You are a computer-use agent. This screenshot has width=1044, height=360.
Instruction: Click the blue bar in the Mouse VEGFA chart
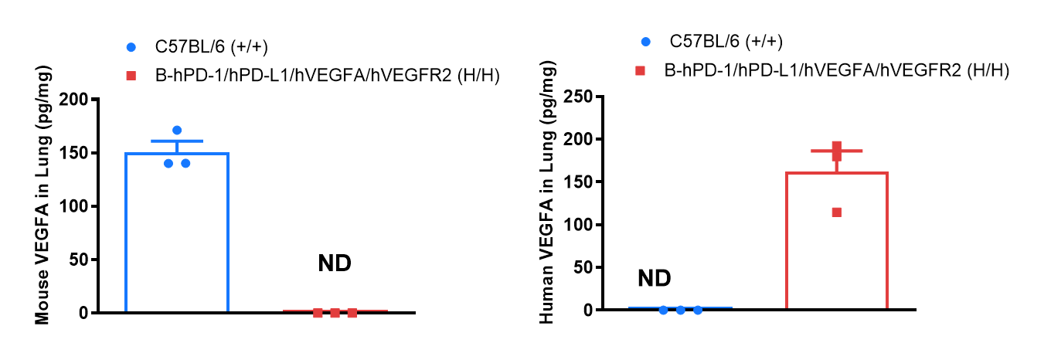pyautogui.click(x=177, y=232)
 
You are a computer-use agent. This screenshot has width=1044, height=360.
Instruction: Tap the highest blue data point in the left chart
pyautogui.click(x=177, y=130)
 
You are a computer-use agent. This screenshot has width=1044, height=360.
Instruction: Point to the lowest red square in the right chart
pyautogui.click(x=837, y=212)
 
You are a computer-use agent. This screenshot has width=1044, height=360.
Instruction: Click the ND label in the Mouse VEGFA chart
pyautogui.click(x=335, y=263)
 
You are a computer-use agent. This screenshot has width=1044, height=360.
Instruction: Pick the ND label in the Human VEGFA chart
pyautogui.click(x=655, y=278)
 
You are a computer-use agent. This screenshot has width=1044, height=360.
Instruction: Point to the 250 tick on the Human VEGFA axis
pyautogui.click(x=584, y=97)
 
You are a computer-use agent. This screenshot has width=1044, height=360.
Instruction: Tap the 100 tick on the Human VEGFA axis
pyautogui.click(x=584, y=225)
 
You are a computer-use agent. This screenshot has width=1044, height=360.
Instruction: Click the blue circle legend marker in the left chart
pyautogui.click(x=131, y=47)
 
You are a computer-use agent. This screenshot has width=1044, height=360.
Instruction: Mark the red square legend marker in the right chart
pyautogui.click(x=641, y=71)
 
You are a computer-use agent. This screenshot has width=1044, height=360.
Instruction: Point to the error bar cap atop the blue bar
pyautogui.click(x=177, y=141)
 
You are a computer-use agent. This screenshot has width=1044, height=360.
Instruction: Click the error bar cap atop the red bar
pyautogui.click(x=837, y=151)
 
